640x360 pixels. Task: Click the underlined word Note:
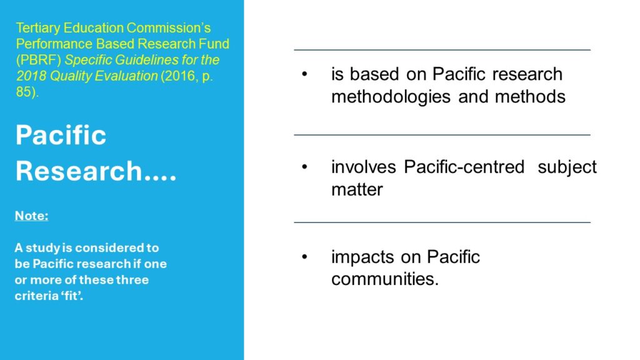pos(31,216)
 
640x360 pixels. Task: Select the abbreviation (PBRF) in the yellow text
pos(38,60)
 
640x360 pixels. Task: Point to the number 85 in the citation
pos(25,92)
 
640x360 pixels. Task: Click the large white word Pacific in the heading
pos(61,135)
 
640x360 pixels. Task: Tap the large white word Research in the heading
pos(78,171)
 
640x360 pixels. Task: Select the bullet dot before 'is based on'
pos(304,74)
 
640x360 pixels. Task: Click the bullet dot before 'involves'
pos(304,167)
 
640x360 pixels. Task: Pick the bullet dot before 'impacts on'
pos(304,257)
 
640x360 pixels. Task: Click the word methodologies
pos(391,97)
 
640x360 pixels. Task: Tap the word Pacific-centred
pos(464,167)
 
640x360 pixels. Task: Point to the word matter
pos(357,190)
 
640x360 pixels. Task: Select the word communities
pos(385,279)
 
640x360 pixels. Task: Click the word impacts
pos(362,257)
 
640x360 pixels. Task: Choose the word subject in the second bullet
pos(567,167)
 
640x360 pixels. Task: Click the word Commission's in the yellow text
pos(169,28)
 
